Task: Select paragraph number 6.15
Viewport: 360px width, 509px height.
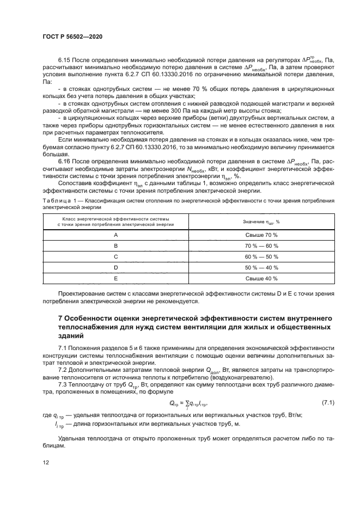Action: click(64, 57)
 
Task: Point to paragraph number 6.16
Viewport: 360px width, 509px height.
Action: click(64, 162)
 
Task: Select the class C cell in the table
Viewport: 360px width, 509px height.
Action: click(115, 256)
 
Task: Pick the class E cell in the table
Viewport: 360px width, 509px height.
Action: click(115, 278)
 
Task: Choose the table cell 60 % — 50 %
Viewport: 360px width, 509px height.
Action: click(261, 256)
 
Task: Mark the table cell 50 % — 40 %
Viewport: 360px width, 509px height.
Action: click(261, 267)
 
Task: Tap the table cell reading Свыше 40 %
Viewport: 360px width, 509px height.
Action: click(261, 278)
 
